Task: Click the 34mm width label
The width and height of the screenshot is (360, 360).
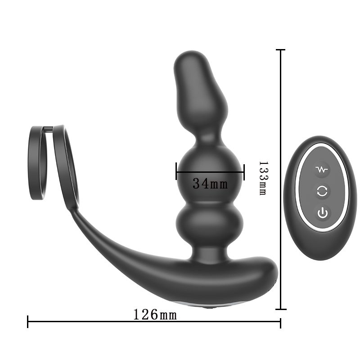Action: coord(210,184)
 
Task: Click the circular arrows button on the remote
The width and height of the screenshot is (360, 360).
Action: coord(322,191)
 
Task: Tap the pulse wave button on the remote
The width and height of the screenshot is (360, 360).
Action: coord(322,170)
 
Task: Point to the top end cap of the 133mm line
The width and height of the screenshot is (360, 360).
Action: coord(281,50)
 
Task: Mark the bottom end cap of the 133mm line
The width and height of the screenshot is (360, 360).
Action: coord(281,309)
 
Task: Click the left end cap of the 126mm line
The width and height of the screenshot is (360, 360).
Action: coord(28,321)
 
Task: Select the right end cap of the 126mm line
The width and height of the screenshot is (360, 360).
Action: coord(280,321)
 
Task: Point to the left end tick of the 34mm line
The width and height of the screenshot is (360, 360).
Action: coord(176,171)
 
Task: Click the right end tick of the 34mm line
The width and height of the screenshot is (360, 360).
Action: coord(243,171)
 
